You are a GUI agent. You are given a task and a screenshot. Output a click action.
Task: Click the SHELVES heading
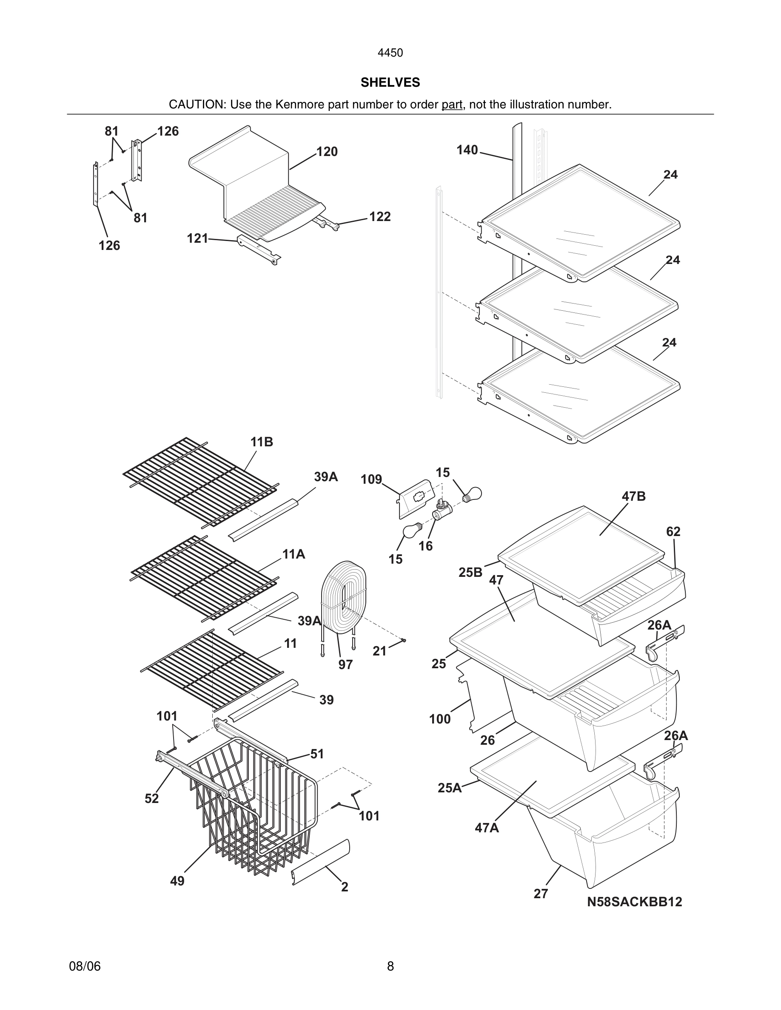pos(390,82)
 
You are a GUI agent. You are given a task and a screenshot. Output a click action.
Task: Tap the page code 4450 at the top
pos(390,53)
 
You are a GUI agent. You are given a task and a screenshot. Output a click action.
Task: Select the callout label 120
pos(327,152)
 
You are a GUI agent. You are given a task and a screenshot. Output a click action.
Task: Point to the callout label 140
pos(467,150)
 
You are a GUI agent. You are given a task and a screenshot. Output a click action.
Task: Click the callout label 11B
pos(262,442)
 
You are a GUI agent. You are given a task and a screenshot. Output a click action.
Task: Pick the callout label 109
pos(371,479)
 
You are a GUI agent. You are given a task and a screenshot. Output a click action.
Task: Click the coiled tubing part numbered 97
pos(343,596)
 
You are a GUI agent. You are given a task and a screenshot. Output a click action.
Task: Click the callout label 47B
pos(633,496)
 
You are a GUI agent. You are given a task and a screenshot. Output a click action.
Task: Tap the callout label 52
pos(151,799)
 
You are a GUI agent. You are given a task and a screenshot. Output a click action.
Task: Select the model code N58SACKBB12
pos(634,902)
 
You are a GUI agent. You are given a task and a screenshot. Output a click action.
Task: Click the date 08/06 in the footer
pos(85,966)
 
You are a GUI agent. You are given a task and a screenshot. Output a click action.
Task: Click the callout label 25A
pos(449,788)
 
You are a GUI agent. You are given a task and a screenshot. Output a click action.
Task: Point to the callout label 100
pos(439,719)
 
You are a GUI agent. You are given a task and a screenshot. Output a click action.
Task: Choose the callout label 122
pos(380,216)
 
